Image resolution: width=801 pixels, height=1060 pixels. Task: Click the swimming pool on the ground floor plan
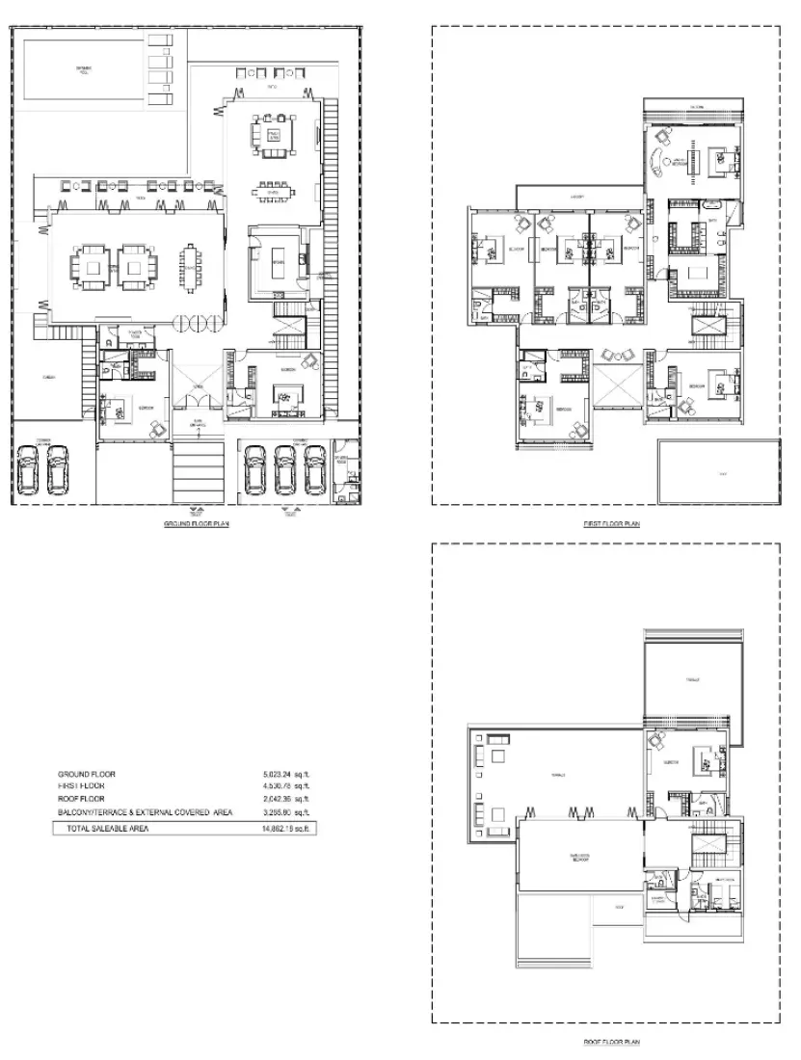point(81,69)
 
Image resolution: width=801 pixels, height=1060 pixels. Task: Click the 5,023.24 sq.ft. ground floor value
point(286,774)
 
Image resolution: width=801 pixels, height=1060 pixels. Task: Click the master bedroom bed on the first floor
point(717,158)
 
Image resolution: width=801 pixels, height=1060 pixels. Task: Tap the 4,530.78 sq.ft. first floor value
point(286,786)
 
